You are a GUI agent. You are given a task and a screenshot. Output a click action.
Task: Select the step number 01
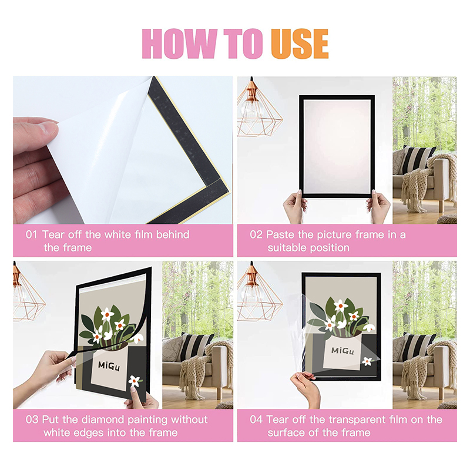31,235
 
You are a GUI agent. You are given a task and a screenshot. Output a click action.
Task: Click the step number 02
256,235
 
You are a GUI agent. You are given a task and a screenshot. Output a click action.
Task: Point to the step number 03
32,420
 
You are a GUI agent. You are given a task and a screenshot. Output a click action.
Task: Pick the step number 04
256,420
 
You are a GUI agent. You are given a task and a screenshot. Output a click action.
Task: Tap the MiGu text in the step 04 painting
344,351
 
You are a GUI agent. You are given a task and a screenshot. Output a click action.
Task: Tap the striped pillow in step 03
193,347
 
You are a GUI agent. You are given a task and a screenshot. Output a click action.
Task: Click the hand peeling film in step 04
306,388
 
